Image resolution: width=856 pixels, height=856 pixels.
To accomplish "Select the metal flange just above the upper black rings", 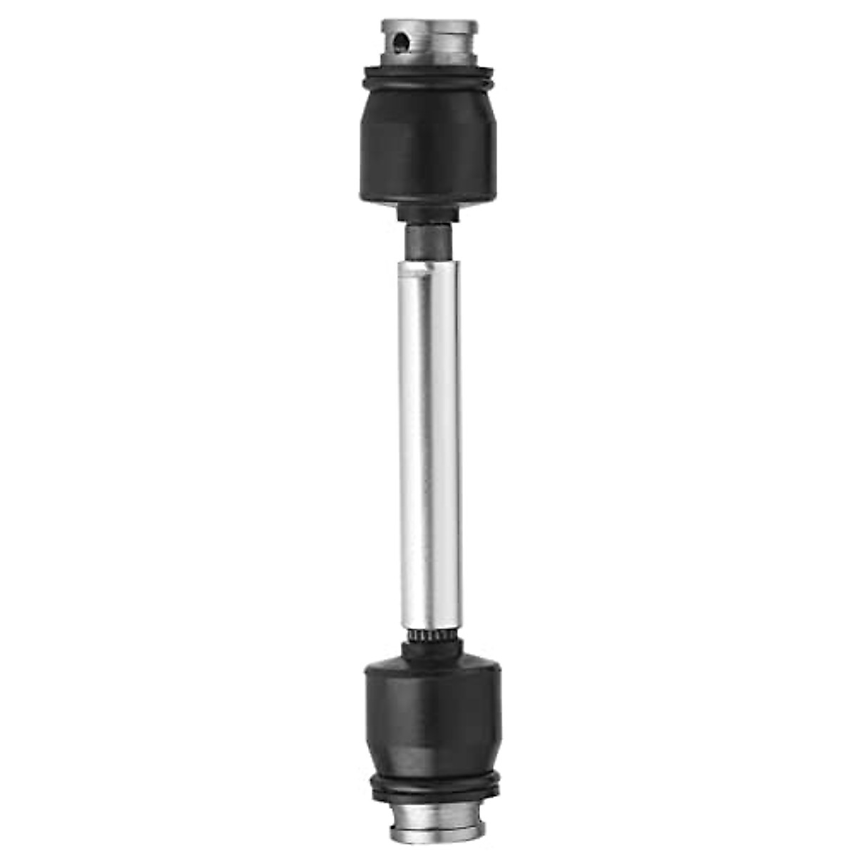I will coord(428,63).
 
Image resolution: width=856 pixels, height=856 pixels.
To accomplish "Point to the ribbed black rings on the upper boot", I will coord(428,78).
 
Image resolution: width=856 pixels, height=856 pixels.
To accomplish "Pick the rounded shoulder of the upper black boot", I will coord(428,100).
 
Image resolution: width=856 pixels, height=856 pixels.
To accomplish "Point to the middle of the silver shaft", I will coord(428,442).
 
